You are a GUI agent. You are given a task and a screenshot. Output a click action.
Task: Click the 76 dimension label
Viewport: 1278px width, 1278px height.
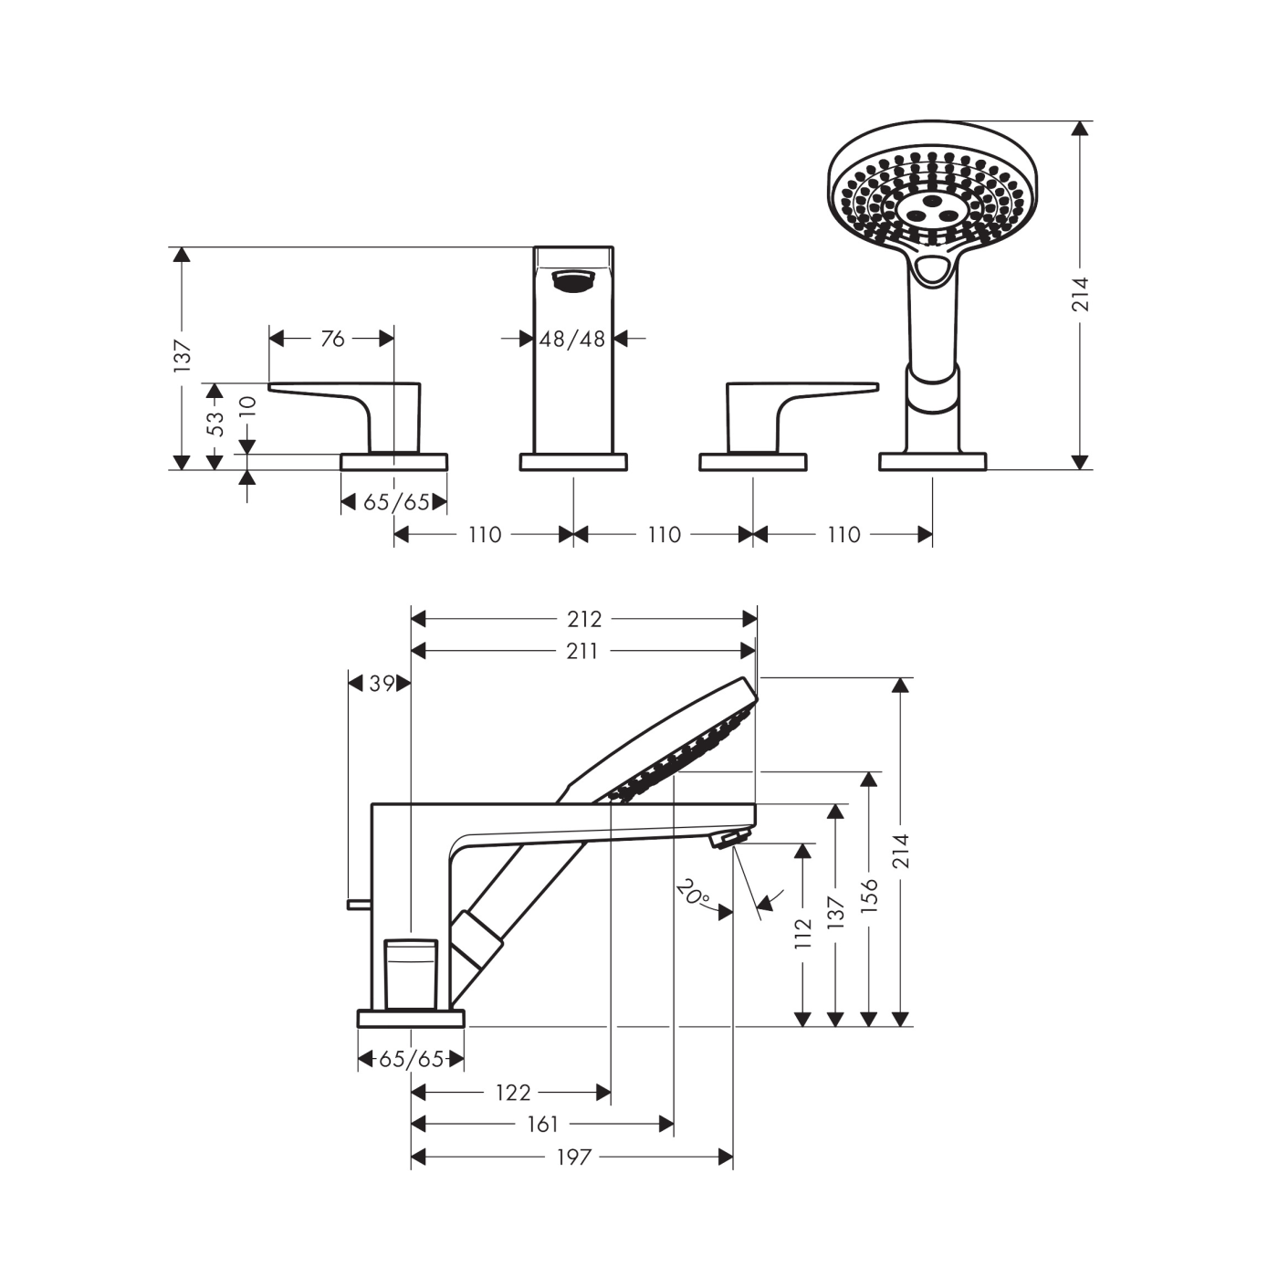332,339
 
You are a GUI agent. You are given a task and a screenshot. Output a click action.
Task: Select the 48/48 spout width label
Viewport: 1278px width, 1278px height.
572,339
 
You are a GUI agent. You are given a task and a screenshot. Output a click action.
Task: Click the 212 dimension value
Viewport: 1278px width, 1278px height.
584,619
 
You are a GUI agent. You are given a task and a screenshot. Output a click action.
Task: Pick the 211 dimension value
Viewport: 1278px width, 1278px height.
581,651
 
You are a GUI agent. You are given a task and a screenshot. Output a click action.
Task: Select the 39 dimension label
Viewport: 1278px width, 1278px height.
382,683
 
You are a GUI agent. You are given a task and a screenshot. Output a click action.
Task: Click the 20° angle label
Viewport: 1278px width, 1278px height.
693,892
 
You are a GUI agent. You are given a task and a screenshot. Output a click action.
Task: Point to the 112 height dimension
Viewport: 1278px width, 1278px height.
802,934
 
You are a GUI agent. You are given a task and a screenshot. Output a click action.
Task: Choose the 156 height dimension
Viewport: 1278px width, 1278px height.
868,896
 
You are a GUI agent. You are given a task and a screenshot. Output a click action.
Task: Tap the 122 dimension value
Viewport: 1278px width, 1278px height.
513,1092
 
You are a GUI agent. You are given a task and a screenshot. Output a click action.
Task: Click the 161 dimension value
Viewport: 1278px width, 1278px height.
542,1124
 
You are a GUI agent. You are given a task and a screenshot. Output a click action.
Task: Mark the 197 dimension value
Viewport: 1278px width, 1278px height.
575,1157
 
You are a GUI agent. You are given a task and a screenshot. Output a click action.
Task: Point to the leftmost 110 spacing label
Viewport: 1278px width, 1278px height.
485,534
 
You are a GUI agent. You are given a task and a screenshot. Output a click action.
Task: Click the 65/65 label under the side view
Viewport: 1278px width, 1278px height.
411,1059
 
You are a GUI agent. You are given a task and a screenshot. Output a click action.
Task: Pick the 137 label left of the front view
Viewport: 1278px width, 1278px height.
183,355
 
